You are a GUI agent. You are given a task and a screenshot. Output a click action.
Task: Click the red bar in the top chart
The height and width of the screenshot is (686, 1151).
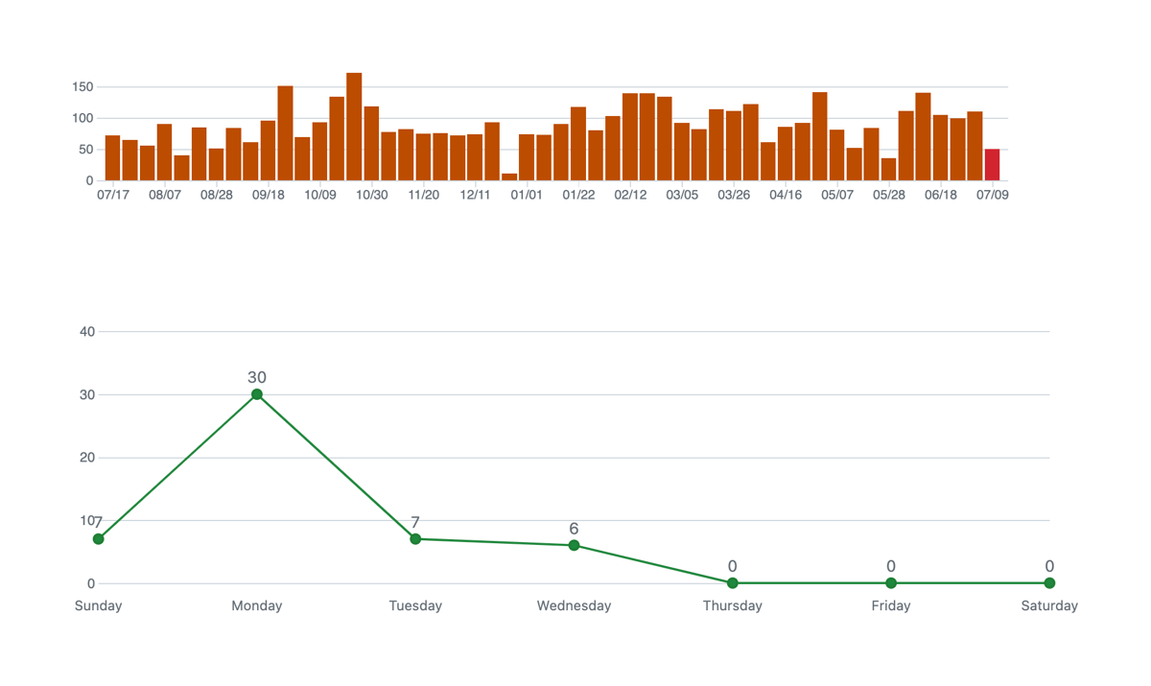click(992, 165)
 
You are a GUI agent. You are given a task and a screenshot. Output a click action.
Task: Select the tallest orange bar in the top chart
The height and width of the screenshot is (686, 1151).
click(354, 127)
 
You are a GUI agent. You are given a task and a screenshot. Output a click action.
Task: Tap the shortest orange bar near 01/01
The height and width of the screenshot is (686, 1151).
click(509, 177)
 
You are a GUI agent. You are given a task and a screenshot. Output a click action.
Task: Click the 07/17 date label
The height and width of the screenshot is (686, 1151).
click(113, 195)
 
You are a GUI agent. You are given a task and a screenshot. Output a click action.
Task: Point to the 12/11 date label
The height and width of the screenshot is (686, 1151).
click(475, 195)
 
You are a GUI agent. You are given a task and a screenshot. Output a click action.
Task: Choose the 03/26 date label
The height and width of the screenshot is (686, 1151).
click(734, 195)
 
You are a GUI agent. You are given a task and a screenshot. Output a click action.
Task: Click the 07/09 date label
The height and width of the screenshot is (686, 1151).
click(992, 195)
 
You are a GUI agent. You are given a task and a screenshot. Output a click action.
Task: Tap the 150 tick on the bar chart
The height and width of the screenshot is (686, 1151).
click(82, 87)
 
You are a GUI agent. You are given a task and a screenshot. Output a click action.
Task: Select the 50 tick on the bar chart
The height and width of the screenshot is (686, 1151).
click(85, 150)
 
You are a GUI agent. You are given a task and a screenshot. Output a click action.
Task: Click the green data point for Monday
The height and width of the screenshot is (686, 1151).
click(257, 394)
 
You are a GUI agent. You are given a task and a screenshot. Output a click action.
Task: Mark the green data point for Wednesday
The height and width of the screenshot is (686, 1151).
click(574, 546)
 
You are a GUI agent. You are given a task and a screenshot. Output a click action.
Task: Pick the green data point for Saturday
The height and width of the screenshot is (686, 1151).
click(1049, 583)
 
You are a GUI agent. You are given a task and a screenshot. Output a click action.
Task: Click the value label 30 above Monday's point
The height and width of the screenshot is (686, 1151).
click(257, 378)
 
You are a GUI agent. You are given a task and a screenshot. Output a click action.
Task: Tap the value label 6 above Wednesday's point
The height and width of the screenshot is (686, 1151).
click(574, 530)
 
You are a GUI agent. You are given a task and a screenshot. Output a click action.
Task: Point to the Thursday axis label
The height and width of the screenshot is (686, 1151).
click(732, 606)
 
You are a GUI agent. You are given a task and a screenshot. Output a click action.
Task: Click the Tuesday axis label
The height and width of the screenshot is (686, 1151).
click(415, 606)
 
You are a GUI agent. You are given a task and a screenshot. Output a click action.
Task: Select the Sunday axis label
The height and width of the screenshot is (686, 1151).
click(98, 606)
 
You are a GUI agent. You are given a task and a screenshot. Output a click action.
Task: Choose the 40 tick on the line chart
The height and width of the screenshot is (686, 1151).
click(87, 332)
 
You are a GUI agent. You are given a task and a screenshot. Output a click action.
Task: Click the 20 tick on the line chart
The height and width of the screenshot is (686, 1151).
click(87, 458)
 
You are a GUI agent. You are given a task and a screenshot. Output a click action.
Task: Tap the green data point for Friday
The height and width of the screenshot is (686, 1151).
click(891, 583)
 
